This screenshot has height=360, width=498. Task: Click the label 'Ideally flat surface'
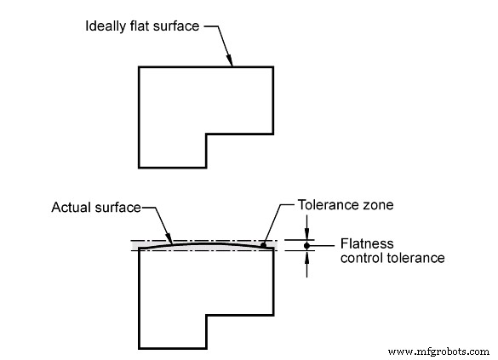coord(141,26)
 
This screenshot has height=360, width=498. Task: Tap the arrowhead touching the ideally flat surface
coord(231,61)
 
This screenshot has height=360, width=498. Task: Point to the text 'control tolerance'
coord(392,257)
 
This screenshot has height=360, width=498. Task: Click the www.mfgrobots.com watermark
coord(438,351)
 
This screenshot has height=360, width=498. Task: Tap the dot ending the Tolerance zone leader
coord(265,246)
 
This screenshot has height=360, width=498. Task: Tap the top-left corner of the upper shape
coord(139,66)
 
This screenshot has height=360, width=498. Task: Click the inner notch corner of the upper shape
coord(206,134)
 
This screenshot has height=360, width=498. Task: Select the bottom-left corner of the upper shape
coord(139,167)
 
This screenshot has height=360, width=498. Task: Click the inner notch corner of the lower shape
coord(206,314)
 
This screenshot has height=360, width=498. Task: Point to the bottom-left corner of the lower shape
coord(139,348)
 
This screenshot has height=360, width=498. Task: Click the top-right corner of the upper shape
coord(273,66)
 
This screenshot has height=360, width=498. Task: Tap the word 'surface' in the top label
coord(176,26)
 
